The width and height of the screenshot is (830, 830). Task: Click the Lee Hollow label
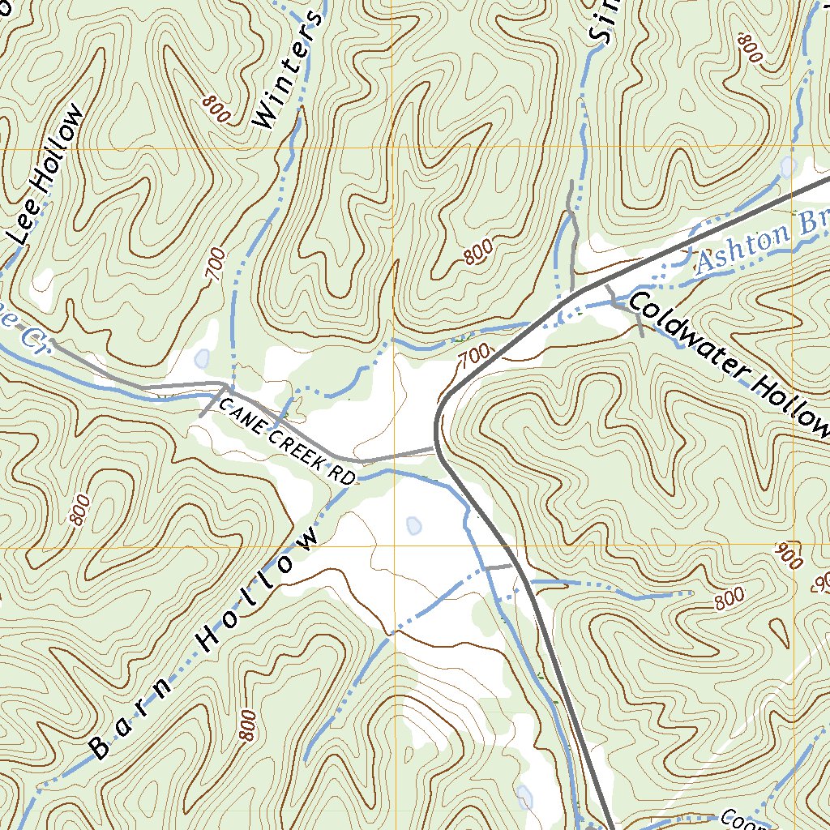pyautogui.click(x=49, y=174)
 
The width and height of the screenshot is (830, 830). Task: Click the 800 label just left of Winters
pyautogui.click(x=216, y=109)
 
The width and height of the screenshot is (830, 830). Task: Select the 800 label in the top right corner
pyautogui.click(x=751, y=49)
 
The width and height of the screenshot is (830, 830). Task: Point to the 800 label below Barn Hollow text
pyautogui.click(x=248, y=725)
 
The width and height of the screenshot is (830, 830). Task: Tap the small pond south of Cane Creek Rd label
pyautogui.click(x=413, y=526)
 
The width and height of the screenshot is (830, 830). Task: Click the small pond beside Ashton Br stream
pyautogui.click(x=786, y=168)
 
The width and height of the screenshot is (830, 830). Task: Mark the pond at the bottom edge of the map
pyautogui.click(x=524, y=797)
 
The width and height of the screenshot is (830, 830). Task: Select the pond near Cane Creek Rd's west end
pyautogui.click(x=201, y=357)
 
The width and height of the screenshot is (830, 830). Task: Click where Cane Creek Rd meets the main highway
pyautogui.click(x=437, y=447)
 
